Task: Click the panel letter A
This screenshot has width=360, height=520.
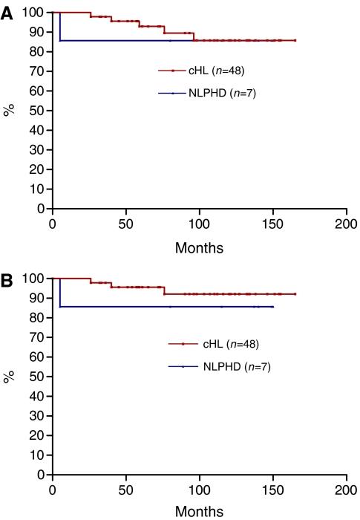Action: pyautogui.click(x=7, y=12)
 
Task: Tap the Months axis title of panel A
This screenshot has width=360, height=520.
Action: pyautogui.click(x=198, y=246)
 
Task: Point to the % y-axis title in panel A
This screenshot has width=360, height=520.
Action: pyautogui.click(x=10, y=111)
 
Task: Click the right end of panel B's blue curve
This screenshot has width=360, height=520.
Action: pyautogui.click(x=273, y=307)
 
